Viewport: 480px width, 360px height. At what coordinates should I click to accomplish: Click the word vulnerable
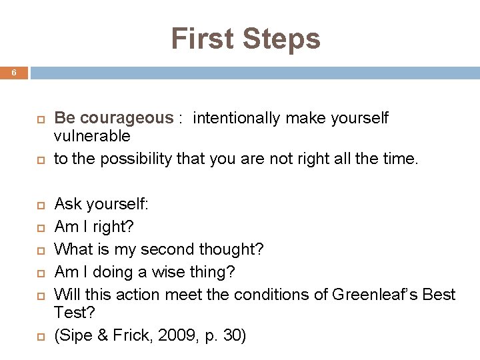92,136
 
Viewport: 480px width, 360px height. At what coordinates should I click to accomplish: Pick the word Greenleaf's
373,294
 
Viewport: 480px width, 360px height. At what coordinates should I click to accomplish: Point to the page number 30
231,335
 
